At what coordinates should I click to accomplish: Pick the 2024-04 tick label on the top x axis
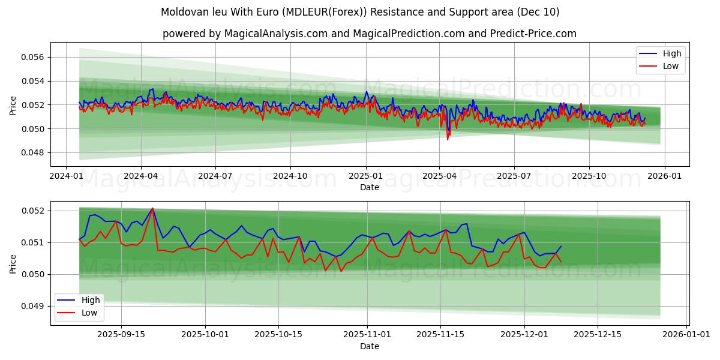141,176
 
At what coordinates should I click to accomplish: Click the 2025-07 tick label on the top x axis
514,176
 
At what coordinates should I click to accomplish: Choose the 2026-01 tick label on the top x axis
664,176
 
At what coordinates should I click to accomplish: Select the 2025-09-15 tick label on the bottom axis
121,335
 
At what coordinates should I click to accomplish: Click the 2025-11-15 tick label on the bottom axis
441,335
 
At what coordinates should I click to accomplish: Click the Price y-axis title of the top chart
13,104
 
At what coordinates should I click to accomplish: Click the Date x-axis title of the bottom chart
370,346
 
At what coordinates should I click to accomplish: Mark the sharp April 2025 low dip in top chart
447,139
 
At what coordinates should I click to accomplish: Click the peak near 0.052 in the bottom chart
152,208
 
